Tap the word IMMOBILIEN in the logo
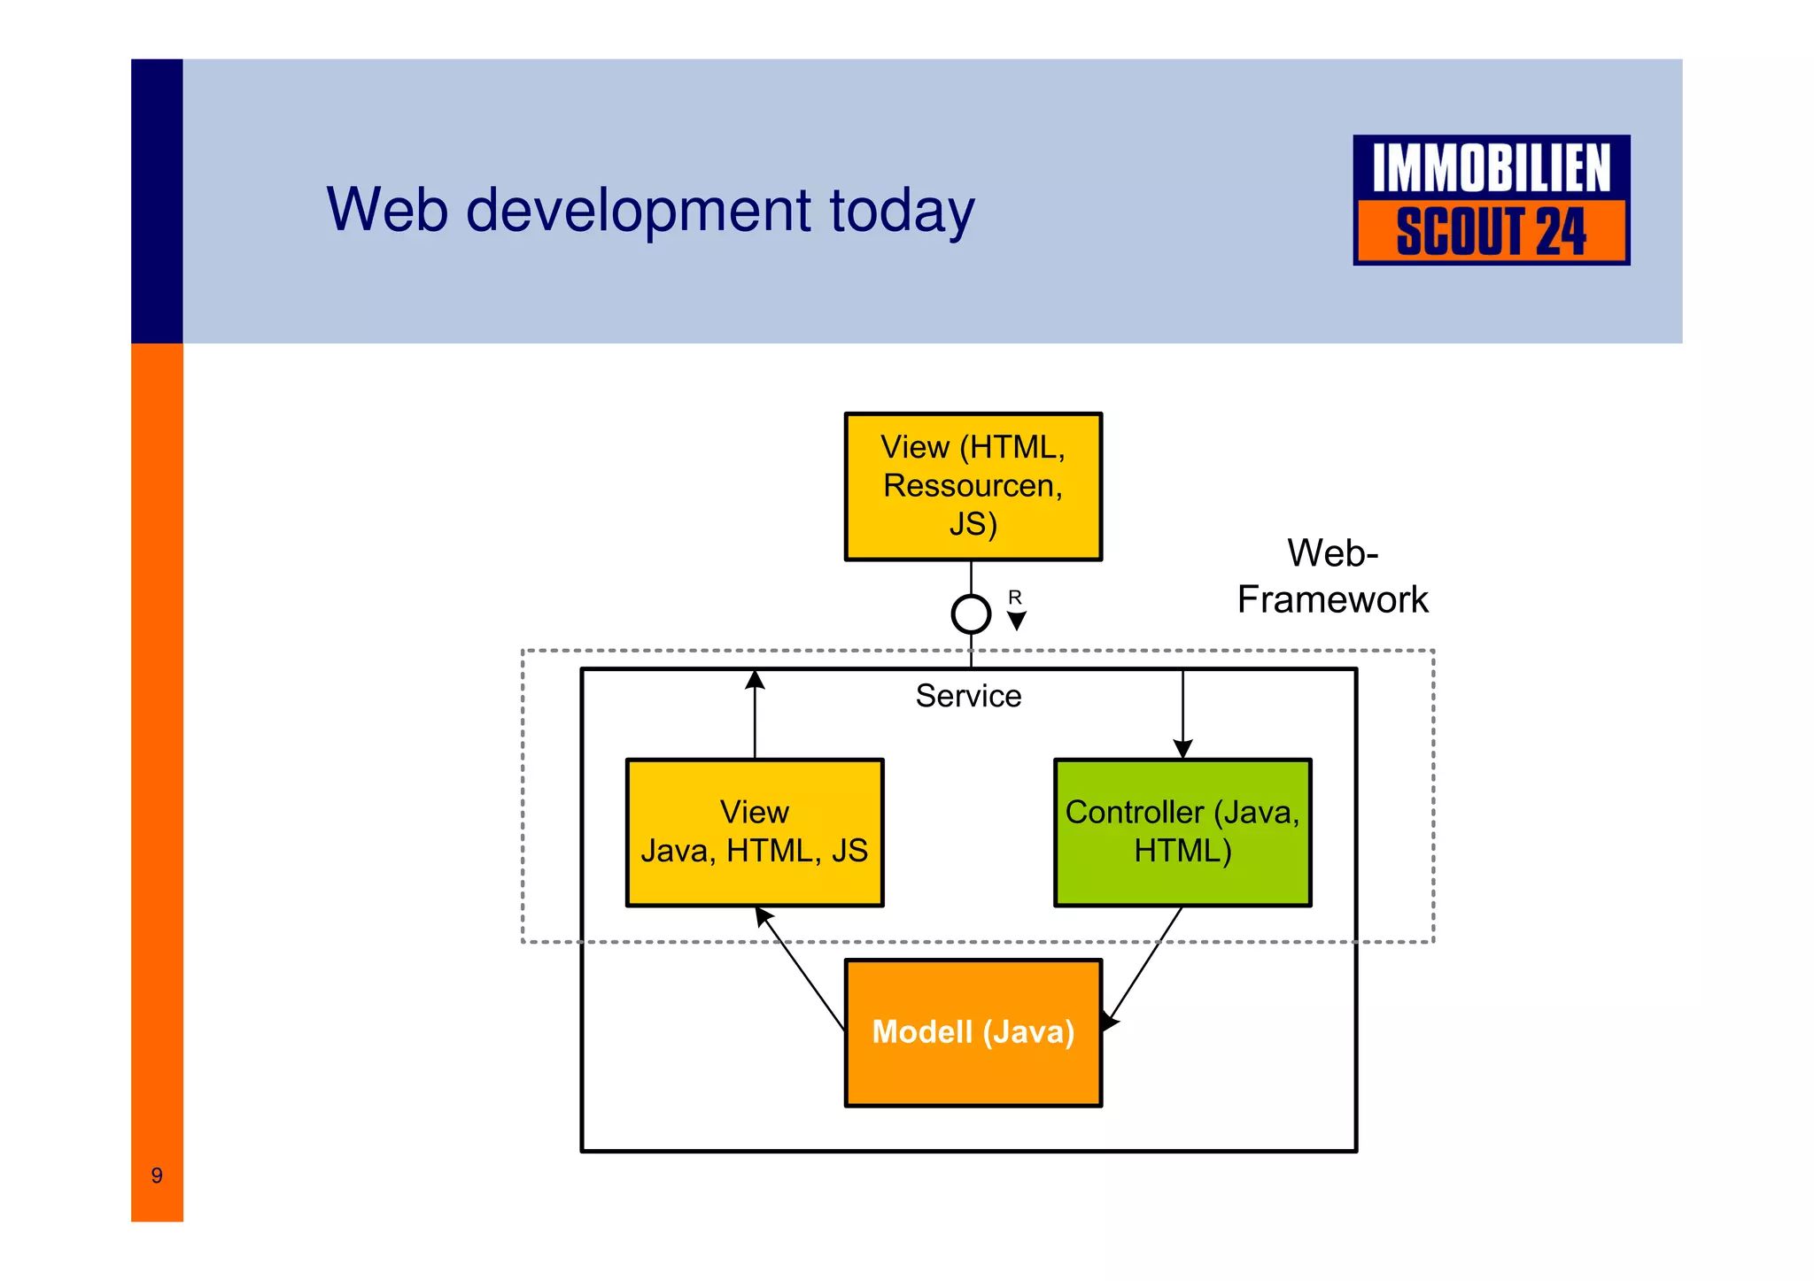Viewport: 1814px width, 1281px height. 1491,168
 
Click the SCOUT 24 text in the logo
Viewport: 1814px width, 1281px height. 1491,232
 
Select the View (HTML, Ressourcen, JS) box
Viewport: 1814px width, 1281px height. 973,486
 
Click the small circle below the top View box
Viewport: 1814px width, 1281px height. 971,613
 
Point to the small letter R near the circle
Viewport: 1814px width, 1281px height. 1015,598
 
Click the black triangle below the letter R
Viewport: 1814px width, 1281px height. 1017,621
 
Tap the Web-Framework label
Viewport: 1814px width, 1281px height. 1332,576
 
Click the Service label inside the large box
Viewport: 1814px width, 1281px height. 968,696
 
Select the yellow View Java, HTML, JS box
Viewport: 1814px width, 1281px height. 755,832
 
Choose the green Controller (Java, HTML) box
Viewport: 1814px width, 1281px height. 1182,832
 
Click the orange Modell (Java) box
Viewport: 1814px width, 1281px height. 973,1032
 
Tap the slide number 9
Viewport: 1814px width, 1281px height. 157,1176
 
